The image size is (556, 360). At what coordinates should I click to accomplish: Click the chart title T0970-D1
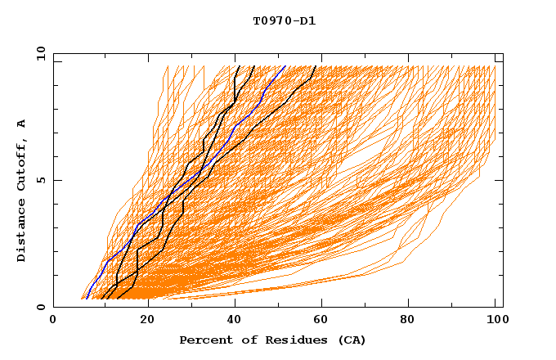click(284, 20)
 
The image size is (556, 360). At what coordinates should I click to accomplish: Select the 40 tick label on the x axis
click(235, 320)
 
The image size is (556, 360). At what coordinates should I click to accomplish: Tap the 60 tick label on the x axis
click(324, 320)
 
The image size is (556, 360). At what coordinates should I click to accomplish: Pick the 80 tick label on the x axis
click(413, 320)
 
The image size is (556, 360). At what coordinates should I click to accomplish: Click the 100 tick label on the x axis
click(495, 320)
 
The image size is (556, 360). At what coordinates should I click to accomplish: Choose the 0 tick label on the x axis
click(53, 320)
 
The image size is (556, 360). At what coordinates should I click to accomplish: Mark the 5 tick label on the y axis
click(40, 180)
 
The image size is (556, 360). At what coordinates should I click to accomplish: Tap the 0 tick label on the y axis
click(40, 307)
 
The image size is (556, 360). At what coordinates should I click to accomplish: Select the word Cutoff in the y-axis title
click(22, 164)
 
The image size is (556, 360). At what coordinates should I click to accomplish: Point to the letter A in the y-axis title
click(22, 124)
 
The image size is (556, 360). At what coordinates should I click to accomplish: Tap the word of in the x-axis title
click(242, 340)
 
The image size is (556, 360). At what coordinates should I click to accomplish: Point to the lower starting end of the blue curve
click(86, 299)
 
